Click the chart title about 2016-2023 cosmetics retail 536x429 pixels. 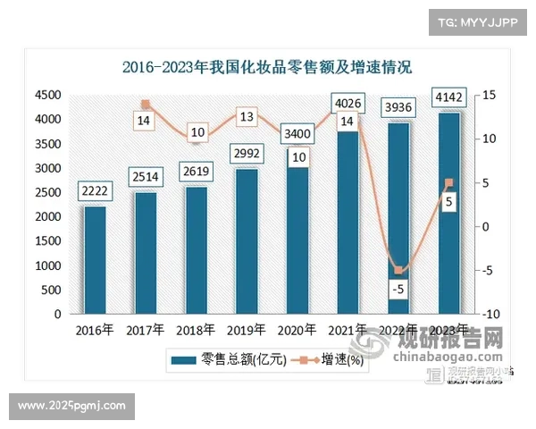coord(267,67)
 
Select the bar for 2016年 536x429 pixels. coord(95,260)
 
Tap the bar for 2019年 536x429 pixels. coord(247,241)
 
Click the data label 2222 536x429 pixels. coord(95,191)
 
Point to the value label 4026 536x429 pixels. coord(348,103)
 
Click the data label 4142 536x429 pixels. coord(448,97)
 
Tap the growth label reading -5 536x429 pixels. coord(399,290)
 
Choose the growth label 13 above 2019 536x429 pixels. coord(247,116)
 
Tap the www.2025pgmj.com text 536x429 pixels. coord(72,407)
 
